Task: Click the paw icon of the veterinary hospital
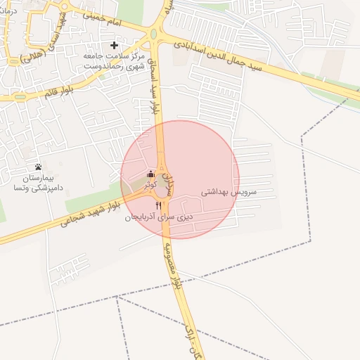tap(38, 167)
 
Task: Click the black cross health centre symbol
tap(115, 46)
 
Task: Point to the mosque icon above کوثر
tap(150, 174)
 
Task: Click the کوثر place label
tap(150, 184)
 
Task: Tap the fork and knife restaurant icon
tap(158, 205)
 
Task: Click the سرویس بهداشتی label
tap(229, 191)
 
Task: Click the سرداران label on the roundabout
tap(169, 185)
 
